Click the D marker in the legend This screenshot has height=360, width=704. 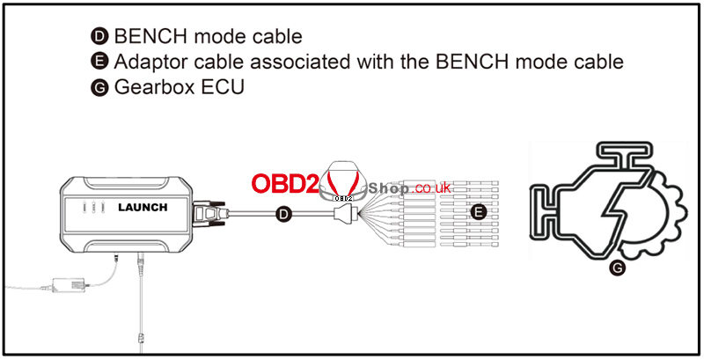click(x=98, y=37)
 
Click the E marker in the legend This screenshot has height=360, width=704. click(x=98, y=62)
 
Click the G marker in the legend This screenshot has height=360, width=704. click(x=98, y=88)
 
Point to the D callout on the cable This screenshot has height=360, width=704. click(x=283, y=212)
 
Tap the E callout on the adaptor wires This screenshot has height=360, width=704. click(x=478, y=212)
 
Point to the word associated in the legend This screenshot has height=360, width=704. click(x=309, y=62)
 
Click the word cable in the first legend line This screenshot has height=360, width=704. click(x=273, y=37)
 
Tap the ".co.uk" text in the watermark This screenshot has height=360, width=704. click(x=427, y=187)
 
